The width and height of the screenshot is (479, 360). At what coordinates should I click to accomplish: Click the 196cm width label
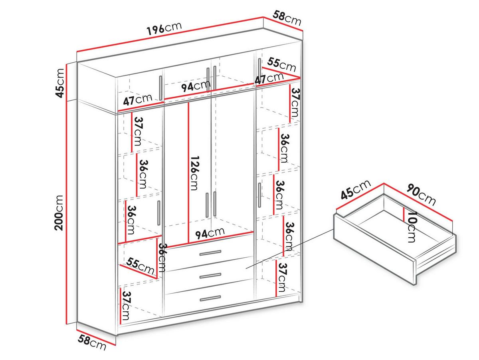tap(164, 28)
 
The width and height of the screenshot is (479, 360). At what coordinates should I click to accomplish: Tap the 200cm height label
tap(59, 213)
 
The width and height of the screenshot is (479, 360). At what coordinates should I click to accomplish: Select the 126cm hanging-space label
tap(195, 173)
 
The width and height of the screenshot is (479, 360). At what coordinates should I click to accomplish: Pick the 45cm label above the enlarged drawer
tap(356, 190)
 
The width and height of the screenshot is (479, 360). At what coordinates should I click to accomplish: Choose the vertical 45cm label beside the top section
tap(59, 83)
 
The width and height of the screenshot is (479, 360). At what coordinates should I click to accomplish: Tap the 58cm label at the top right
tap(287, 18)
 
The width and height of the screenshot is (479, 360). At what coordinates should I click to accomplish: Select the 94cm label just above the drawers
tap(210, 233)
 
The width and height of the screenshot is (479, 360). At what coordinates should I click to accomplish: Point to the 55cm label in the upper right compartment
tap(281, 65)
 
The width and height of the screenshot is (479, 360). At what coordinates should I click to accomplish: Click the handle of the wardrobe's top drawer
tap(210, 253)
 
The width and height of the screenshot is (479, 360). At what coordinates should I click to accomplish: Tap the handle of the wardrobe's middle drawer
tap(210, 276)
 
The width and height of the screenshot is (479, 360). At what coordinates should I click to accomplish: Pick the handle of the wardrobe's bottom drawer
tap(210, 298)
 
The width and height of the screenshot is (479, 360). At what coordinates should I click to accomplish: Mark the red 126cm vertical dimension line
tap(188, 173)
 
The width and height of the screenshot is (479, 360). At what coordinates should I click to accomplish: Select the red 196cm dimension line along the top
tap(170, 34)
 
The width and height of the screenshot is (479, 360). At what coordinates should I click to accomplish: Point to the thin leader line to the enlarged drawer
tap(290, 249)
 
